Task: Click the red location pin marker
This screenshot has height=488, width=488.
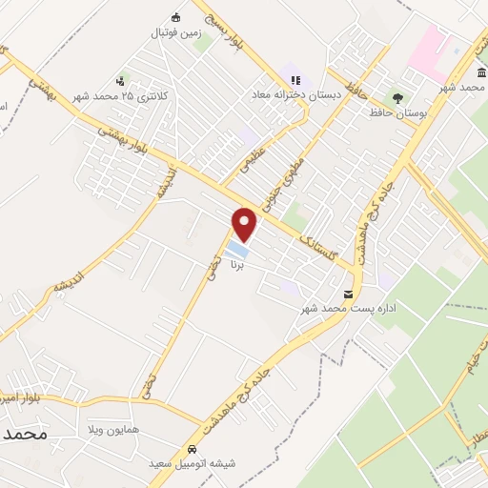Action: click(245, 224)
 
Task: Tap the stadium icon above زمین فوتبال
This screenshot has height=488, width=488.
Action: click(174, 17)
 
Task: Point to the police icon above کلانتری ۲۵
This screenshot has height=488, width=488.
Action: click(119, 81)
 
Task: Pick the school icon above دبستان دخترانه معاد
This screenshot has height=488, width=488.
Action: click(295, 79)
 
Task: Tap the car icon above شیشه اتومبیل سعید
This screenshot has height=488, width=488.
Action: click(193, 448)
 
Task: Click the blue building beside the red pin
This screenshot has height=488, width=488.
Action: click(235, 251)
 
